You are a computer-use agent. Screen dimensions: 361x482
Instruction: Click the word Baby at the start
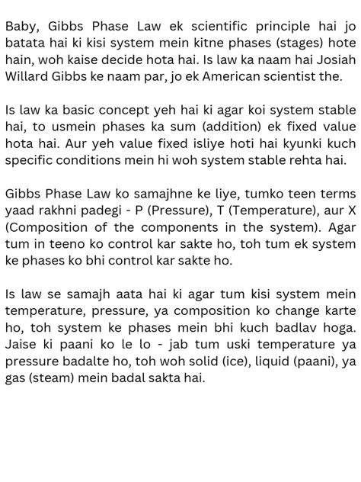click(x=21, y=27)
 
